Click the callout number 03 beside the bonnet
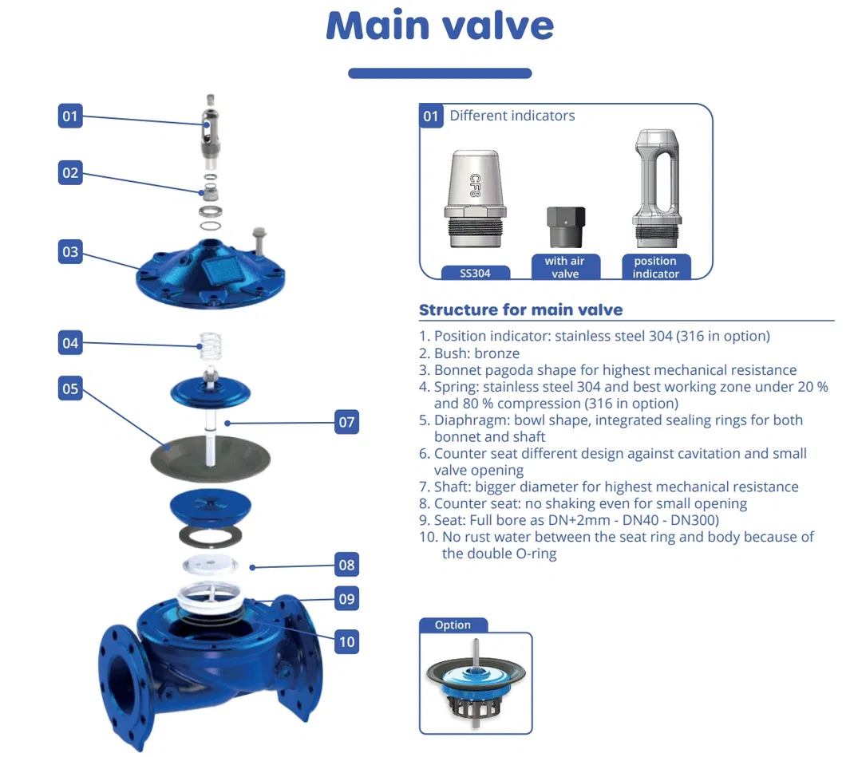[70, 252]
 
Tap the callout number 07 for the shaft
[346, 422]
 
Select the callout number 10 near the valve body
[346, 641]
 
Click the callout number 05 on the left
[70, 388]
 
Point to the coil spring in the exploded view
[210, 345]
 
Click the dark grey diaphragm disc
[210, 459]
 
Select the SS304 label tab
[476, 273]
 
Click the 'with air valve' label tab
[565, 267]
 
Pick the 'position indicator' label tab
[655, 267]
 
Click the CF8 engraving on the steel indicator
[476, 186]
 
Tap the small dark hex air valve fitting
[565, 227]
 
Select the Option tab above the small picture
[453, 625]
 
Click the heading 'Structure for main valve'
[520, 310]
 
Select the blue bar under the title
[440, 73]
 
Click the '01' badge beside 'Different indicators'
[431, 116]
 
